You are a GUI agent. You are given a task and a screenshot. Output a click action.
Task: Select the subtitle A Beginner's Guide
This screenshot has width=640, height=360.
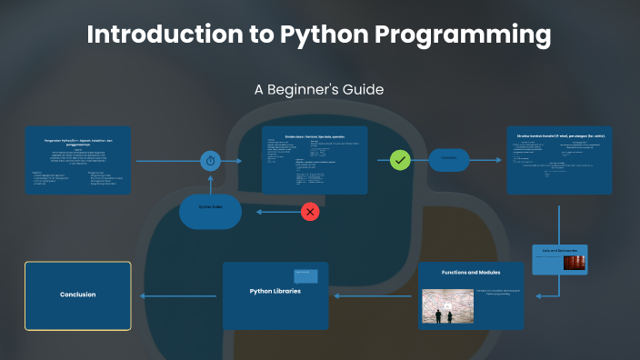[319, 90]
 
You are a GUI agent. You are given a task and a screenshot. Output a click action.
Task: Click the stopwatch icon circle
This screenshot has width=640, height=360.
[211, 161]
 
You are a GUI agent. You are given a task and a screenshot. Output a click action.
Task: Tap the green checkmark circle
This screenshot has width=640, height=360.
[401, 160]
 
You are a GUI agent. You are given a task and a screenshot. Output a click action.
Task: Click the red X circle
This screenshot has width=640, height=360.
[311, 212]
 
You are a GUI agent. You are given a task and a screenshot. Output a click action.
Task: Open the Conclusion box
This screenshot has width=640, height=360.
[77, 295]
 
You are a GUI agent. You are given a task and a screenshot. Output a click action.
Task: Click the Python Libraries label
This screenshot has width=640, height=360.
[275, 291]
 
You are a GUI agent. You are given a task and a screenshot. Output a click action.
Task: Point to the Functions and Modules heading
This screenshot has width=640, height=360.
[471, 272]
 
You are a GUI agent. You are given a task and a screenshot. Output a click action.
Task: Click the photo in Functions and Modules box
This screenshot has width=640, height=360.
[447, 305]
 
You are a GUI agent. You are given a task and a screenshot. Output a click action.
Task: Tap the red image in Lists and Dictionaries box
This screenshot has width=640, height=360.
[574, 262]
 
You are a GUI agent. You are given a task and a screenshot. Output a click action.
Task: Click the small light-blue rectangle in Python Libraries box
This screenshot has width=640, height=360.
[305, 276]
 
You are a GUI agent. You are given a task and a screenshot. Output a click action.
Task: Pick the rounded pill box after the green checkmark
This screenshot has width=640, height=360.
[449, 160]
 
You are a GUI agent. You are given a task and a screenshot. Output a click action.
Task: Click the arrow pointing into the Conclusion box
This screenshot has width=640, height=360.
[145, 295]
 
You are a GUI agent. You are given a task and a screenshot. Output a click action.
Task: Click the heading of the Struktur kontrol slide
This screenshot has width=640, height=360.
[559, 135]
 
